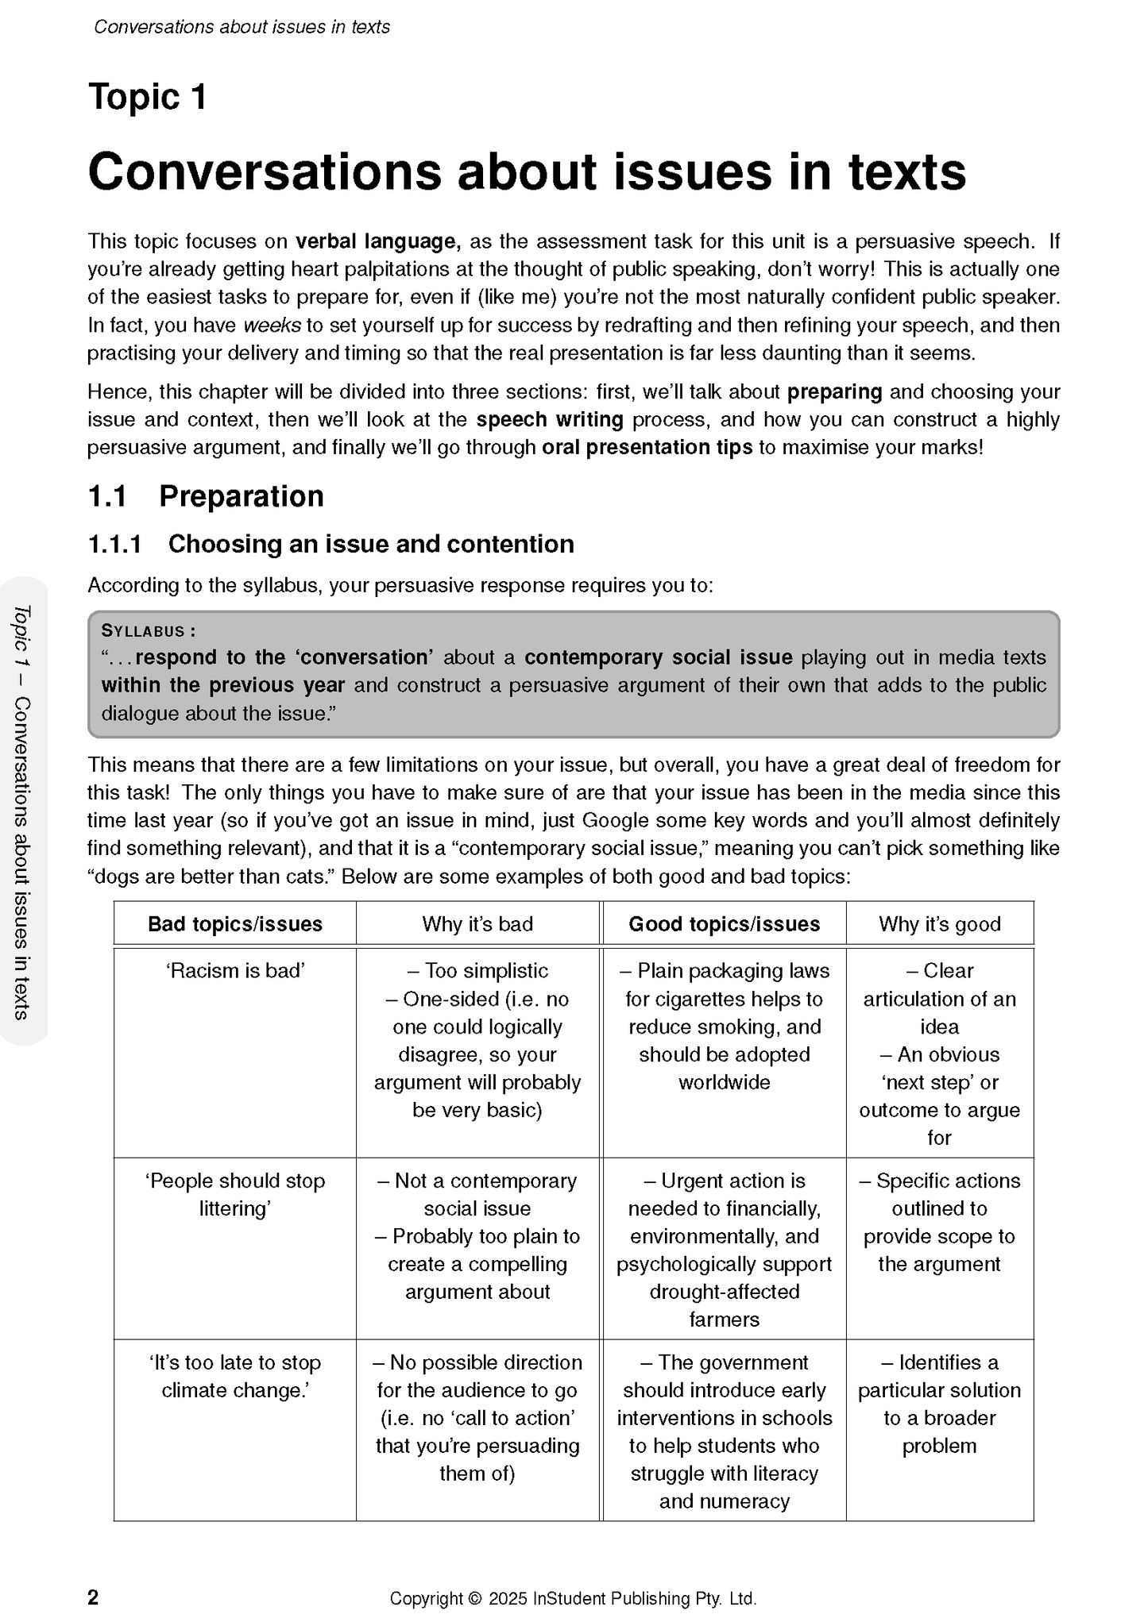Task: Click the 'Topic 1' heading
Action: click(148, 98)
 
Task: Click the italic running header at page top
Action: click(242, 27)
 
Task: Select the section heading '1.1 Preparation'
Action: click(205, 496)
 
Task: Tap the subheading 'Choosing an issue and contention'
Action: click(370, 544)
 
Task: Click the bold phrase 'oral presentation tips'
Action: click(647, 448)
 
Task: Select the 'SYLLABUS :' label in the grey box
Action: click(149, 631)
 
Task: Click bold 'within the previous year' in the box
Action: click(223, 685)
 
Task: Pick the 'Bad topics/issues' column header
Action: click(235, 924)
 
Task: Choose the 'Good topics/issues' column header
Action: click(724, 924)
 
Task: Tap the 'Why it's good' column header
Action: click(939, 924)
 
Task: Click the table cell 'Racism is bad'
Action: click(235, 971)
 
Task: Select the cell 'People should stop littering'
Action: click(235, 1195)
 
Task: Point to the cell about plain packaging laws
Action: click(724, 1027)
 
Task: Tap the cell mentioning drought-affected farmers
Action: click(724, 1250)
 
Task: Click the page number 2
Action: click(93, 1597)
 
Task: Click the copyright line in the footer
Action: click(573, 1598)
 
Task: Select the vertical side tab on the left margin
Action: click(22, 811)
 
